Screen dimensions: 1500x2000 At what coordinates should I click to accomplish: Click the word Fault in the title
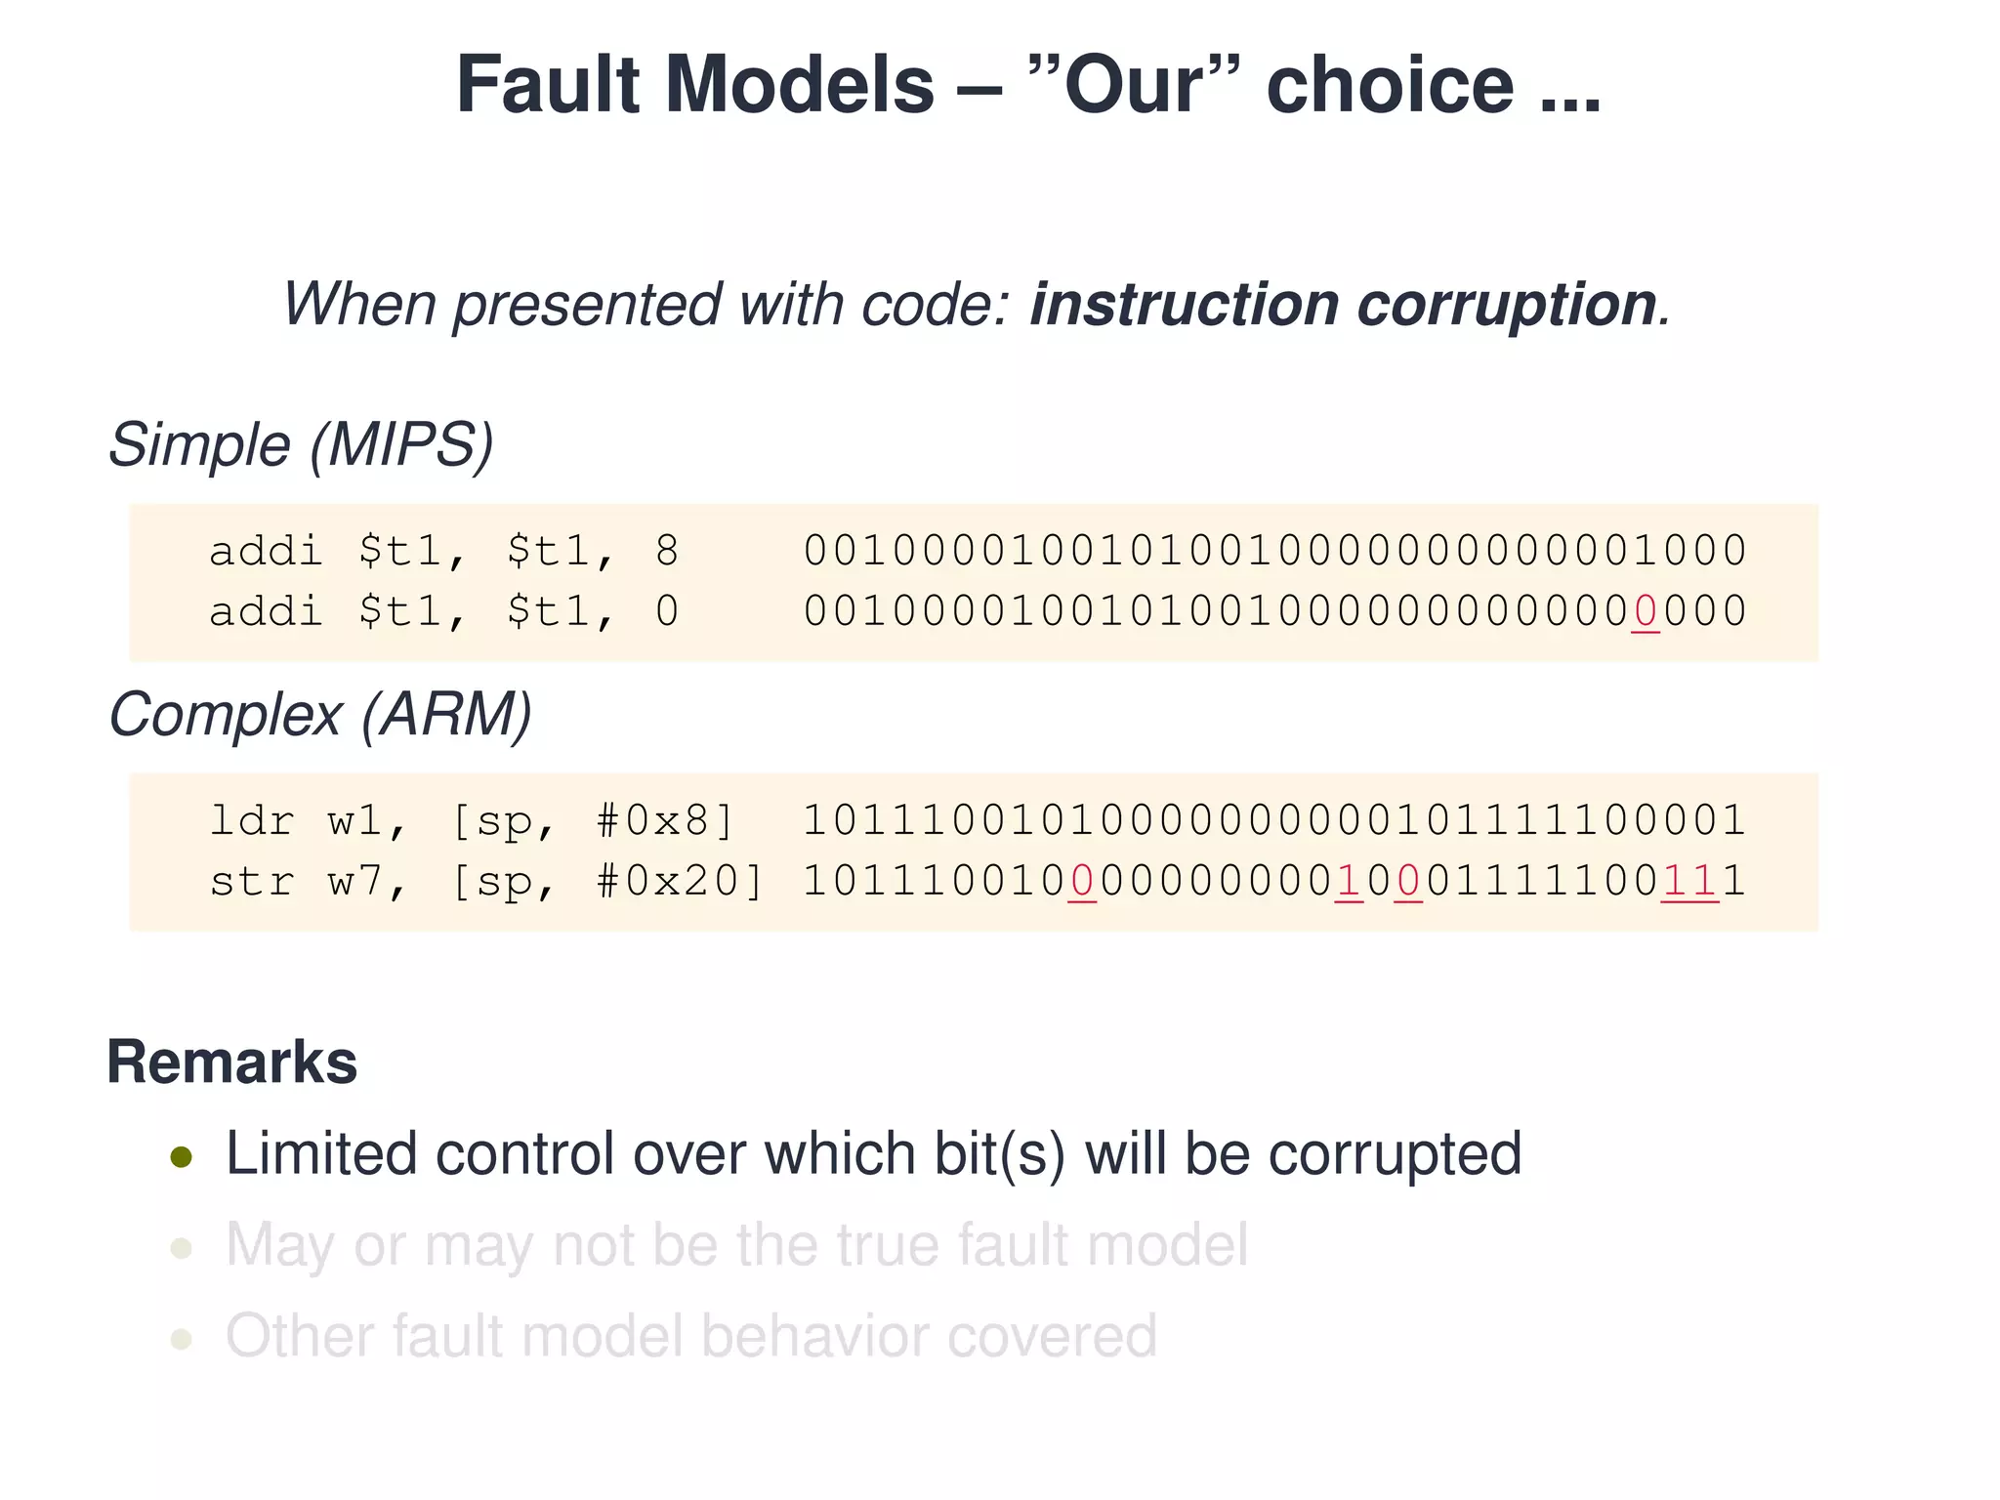(x=547, y=85)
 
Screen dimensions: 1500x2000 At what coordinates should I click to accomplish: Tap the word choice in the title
(x=1391, y=85)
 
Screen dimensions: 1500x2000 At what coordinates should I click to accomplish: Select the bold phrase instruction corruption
(x=1344, y=304)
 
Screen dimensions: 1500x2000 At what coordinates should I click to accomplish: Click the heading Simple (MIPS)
(x=301, y=445)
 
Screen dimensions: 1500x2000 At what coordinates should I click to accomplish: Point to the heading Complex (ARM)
(x=320, y=715)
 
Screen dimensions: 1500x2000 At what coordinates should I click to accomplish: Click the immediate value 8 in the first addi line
(x=667, y=552)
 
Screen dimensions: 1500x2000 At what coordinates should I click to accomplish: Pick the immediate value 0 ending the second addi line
(x=667, y=612)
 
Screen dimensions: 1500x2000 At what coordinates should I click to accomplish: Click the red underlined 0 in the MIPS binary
(x=1645, y=612)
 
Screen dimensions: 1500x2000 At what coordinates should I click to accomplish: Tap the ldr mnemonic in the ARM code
(x=252, y=820)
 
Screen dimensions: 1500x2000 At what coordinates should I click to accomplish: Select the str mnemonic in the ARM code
(x=252, y=881)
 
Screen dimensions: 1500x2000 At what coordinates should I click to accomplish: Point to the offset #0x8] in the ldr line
(x=664, y=820)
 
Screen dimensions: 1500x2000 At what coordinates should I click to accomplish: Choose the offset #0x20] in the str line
(x=680, y=881)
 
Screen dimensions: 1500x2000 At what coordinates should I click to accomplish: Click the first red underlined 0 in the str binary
(x=1082, y=881)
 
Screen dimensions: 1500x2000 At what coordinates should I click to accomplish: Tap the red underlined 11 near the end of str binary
(x=1689, y=881)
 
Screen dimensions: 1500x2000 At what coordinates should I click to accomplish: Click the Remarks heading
(x=232, y=1062)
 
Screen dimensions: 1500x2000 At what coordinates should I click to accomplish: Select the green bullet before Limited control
(x=182, y=1157)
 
